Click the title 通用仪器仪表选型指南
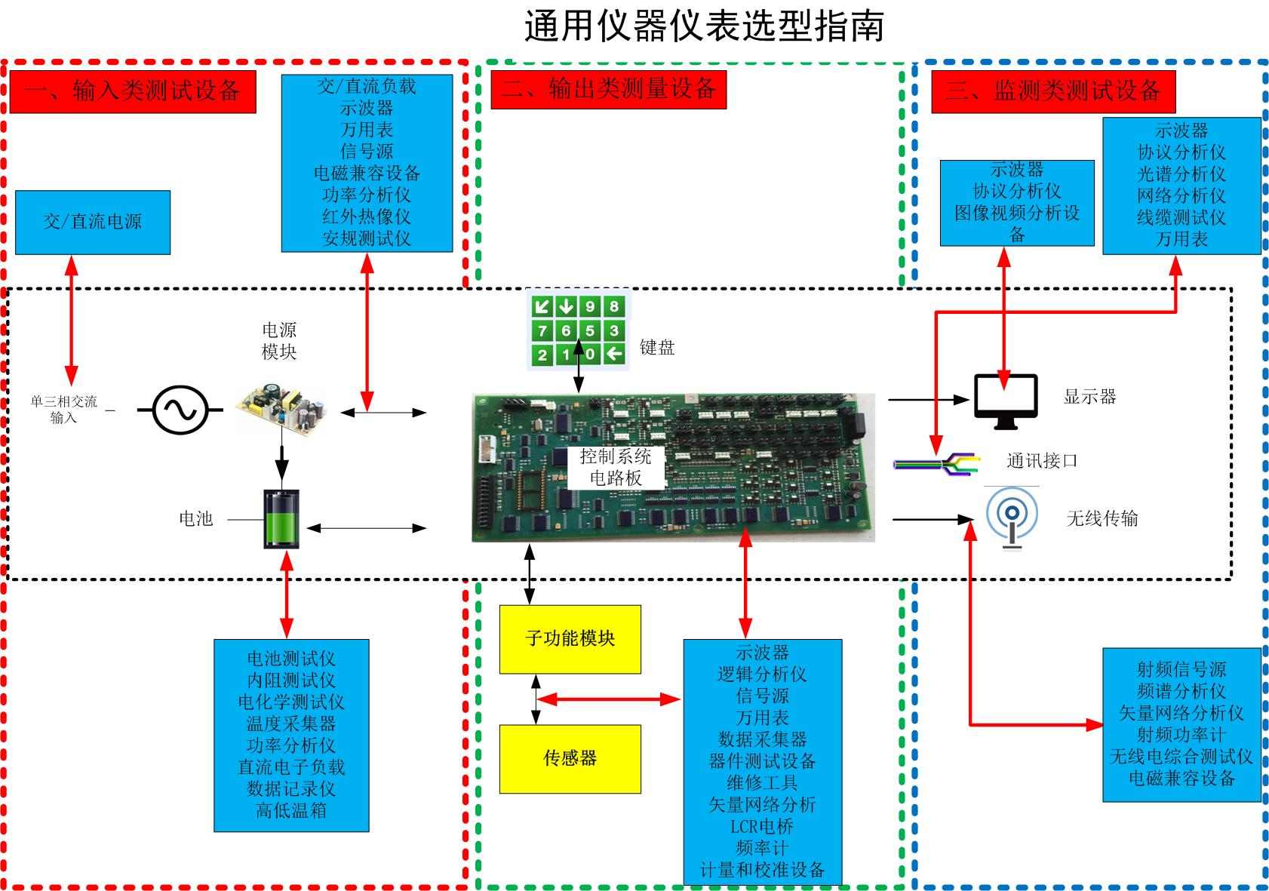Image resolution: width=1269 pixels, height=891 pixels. [703, 27]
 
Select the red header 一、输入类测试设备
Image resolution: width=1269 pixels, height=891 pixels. [133, 91]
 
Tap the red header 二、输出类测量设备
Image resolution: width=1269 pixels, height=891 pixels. [608, 89]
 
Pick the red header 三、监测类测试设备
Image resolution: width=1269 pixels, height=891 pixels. [1052, 91]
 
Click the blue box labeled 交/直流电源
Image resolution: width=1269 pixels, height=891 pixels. [93, 222]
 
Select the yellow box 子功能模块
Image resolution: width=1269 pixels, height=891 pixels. [570, 639]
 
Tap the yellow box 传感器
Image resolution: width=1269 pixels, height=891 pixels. [570, 758]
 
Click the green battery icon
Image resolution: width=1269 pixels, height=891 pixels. [281, 519]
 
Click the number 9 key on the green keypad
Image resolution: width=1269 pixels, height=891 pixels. [590, 306]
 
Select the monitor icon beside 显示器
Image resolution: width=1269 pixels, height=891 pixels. [1005, 401]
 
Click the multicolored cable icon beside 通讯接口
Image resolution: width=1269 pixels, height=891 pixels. [936, 463]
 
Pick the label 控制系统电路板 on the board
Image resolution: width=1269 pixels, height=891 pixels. [615, 466]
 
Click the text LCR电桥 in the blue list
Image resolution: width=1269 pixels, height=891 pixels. [761, 826]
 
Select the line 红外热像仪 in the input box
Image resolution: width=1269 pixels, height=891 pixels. [367, 217]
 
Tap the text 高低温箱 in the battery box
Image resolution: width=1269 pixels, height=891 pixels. [291, 811]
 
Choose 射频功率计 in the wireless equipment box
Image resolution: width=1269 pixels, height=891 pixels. [1181, 735]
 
